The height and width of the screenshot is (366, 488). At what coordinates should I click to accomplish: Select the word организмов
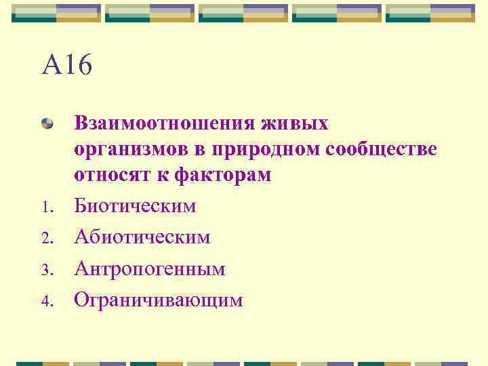pyautogui.click(x=133, y=149)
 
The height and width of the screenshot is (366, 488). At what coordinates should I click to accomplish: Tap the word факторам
pyautogui.click(x=222, y=174)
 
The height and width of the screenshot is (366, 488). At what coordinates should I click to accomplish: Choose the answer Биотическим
pyautogui.click(x=135, y=205)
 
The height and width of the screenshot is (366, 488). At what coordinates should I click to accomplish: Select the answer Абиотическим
pyautogui.click(x=142, y=237)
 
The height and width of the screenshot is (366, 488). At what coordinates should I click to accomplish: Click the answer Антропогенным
pyautogui.click(x=149, y=268)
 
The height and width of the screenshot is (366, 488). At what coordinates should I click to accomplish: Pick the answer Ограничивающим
pyautogui.click(x=158, y=300)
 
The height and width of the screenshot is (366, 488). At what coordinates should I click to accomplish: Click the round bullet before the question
pyautogui.click(x=47, y=123)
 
